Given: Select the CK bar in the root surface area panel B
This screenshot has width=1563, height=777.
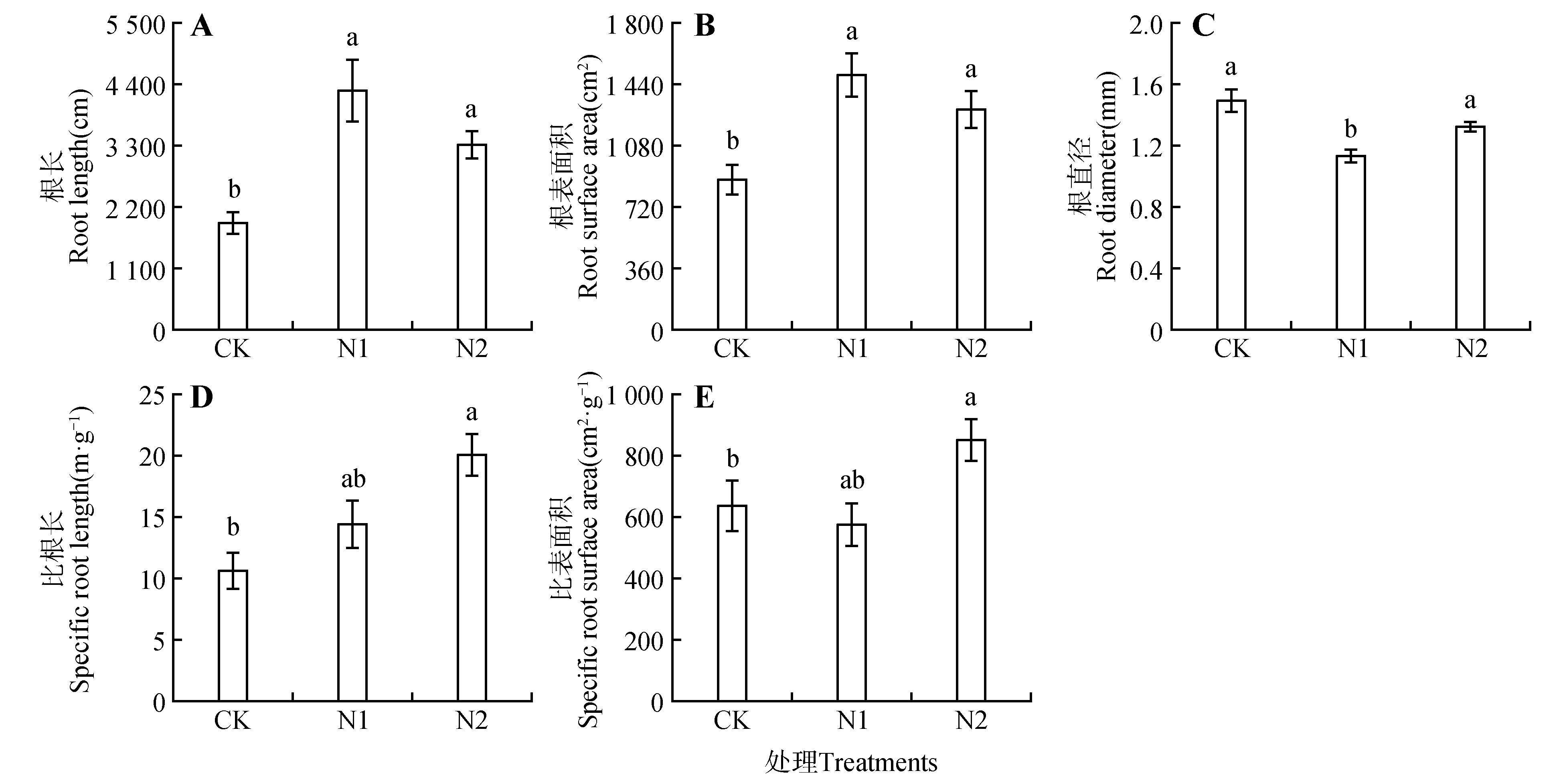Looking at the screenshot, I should [x=732, y=255].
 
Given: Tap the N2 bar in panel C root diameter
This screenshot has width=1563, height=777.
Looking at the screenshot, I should [x=1470, y=228].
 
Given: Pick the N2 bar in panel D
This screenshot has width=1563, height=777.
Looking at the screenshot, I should [x=472, y=578].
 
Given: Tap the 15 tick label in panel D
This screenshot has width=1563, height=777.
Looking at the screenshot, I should [x=152, y=518].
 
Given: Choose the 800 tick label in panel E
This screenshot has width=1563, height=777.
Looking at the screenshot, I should [x=644, y=456].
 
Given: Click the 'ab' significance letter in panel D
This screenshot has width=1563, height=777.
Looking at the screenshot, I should [x=353, y=479].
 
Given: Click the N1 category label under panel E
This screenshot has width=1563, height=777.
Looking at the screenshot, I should [x=852, y=720].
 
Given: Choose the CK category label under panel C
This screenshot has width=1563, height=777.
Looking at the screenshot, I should [x=1232, y=349].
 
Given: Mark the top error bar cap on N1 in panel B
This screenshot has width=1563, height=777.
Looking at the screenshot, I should [x=852, y=53].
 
